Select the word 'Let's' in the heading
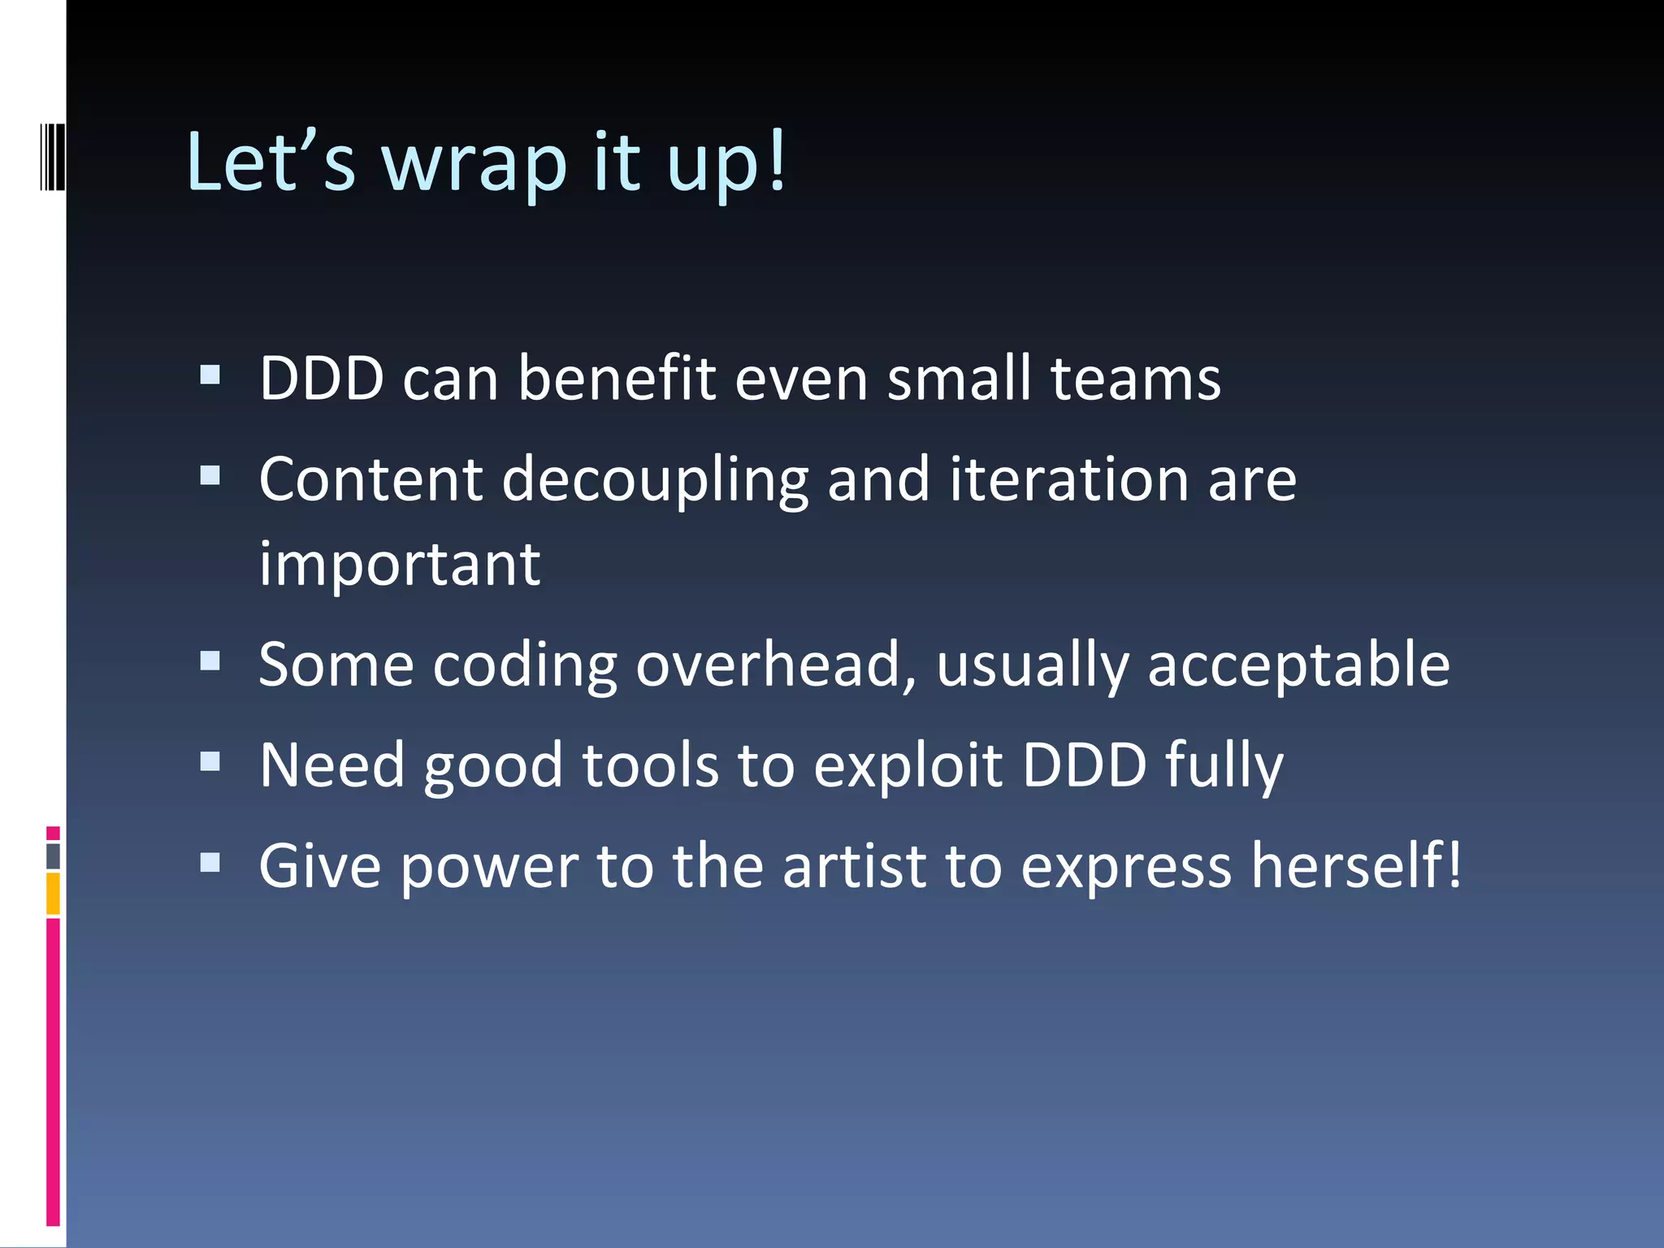tap(271, 162)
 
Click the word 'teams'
tap(1135, 379)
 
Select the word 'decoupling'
tap(655, 481)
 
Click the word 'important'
tap(400, 564)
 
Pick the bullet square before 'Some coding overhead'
tap(210, 661)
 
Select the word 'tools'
tap(651, 765)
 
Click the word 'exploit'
tap(908, 767)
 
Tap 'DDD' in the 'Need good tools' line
tap(1084, 765)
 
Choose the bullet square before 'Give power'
tap(210, 862)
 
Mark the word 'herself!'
tap(1356, 866)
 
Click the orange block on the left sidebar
tap(53, 894)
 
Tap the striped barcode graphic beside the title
tap(53, 157)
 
